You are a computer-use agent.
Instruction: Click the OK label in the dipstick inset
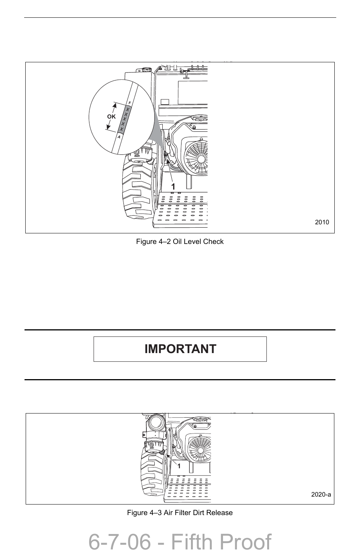(x=111, y=117)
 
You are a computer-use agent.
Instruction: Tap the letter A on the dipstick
(x=119, y=137)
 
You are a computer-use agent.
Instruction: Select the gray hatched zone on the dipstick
(x=124, y=119)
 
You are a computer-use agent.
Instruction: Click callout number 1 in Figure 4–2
(x=173, y=187)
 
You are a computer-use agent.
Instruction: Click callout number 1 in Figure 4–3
(x=179, y=466)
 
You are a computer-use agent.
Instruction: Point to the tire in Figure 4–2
(x=136, y=189)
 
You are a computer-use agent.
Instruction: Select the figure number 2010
(x=322, y=222)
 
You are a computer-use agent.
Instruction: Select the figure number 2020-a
(x=321, y=494)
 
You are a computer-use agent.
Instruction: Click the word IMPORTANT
(x=180, y=349)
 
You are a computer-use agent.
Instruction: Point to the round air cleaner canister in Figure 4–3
(x=155, y=423)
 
